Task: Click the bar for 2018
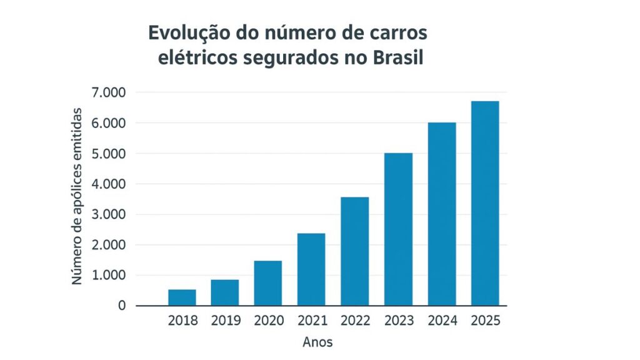[182, 297]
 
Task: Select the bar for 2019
[226, 292]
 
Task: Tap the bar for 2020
[269, 283]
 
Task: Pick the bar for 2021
[312, 269]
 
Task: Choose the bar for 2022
[355, 251]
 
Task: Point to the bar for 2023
[399, 229]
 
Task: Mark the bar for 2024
[442, 214]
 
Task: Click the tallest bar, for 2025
[485, 203]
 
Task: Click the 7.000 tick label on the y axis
[109, 92]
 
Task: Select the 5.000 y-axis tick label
[109, 154]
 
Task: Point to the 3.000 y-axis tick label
[109, 214]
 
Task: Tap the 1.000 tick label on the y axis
[109, 276]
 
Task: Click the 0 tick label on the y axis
[122, 306]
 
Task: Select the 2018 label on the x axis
[182, 321]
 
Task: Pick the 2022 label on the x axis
[355, 321]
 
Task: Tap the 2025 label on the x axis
[485, 321]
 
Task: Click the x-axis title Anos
[317, 342]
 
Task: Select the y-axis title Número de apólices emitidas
[77, 196]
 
